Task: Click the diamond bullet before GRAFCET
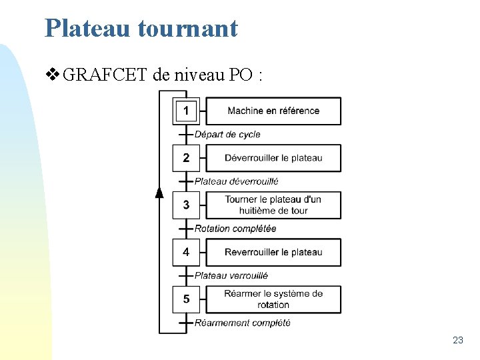pyautogui.click(x=53, y=75)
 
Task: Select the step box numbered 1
pyautogui.click(x=186, y=111)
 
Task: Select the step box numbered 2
pyautogui.click(x=186, y=158)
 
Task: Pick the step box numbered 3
pyautogui.click(x=186, y=205)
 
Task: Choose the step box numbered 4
pyautogui.click(x=186, y=252)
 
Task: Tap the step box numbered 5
pyautogui.click(x=186, y=299)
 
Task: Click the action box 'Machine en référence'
pyautogui.click(x=273, y=111)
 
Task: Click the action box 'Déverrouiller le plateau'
pyautogui.click(x=273, y=158)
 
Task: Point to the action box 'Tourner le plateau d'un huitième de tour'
pyautogui.click(x=273, y=205)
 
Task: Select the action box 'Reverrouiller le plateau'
pyautogui.click(x=273, y=252)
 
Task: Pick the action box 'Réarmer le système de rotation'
pyautogui.click(x=273, y=299)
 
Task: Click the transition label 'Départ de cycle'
pyautogui.click(x=227, y=135)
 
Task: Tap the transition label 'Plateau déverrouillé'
pyautogui.click(x=236, y=181)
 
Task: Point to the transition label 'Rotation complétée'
pyautogui.click(x=235, y=229)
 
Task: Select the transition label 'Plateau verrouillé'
pyautogui.click(x=231, y=275)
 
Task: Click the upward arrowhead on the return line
pyautogui.click(x=159, y=193)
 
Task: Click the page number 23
pyautogui.click(x=457, y=340)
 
